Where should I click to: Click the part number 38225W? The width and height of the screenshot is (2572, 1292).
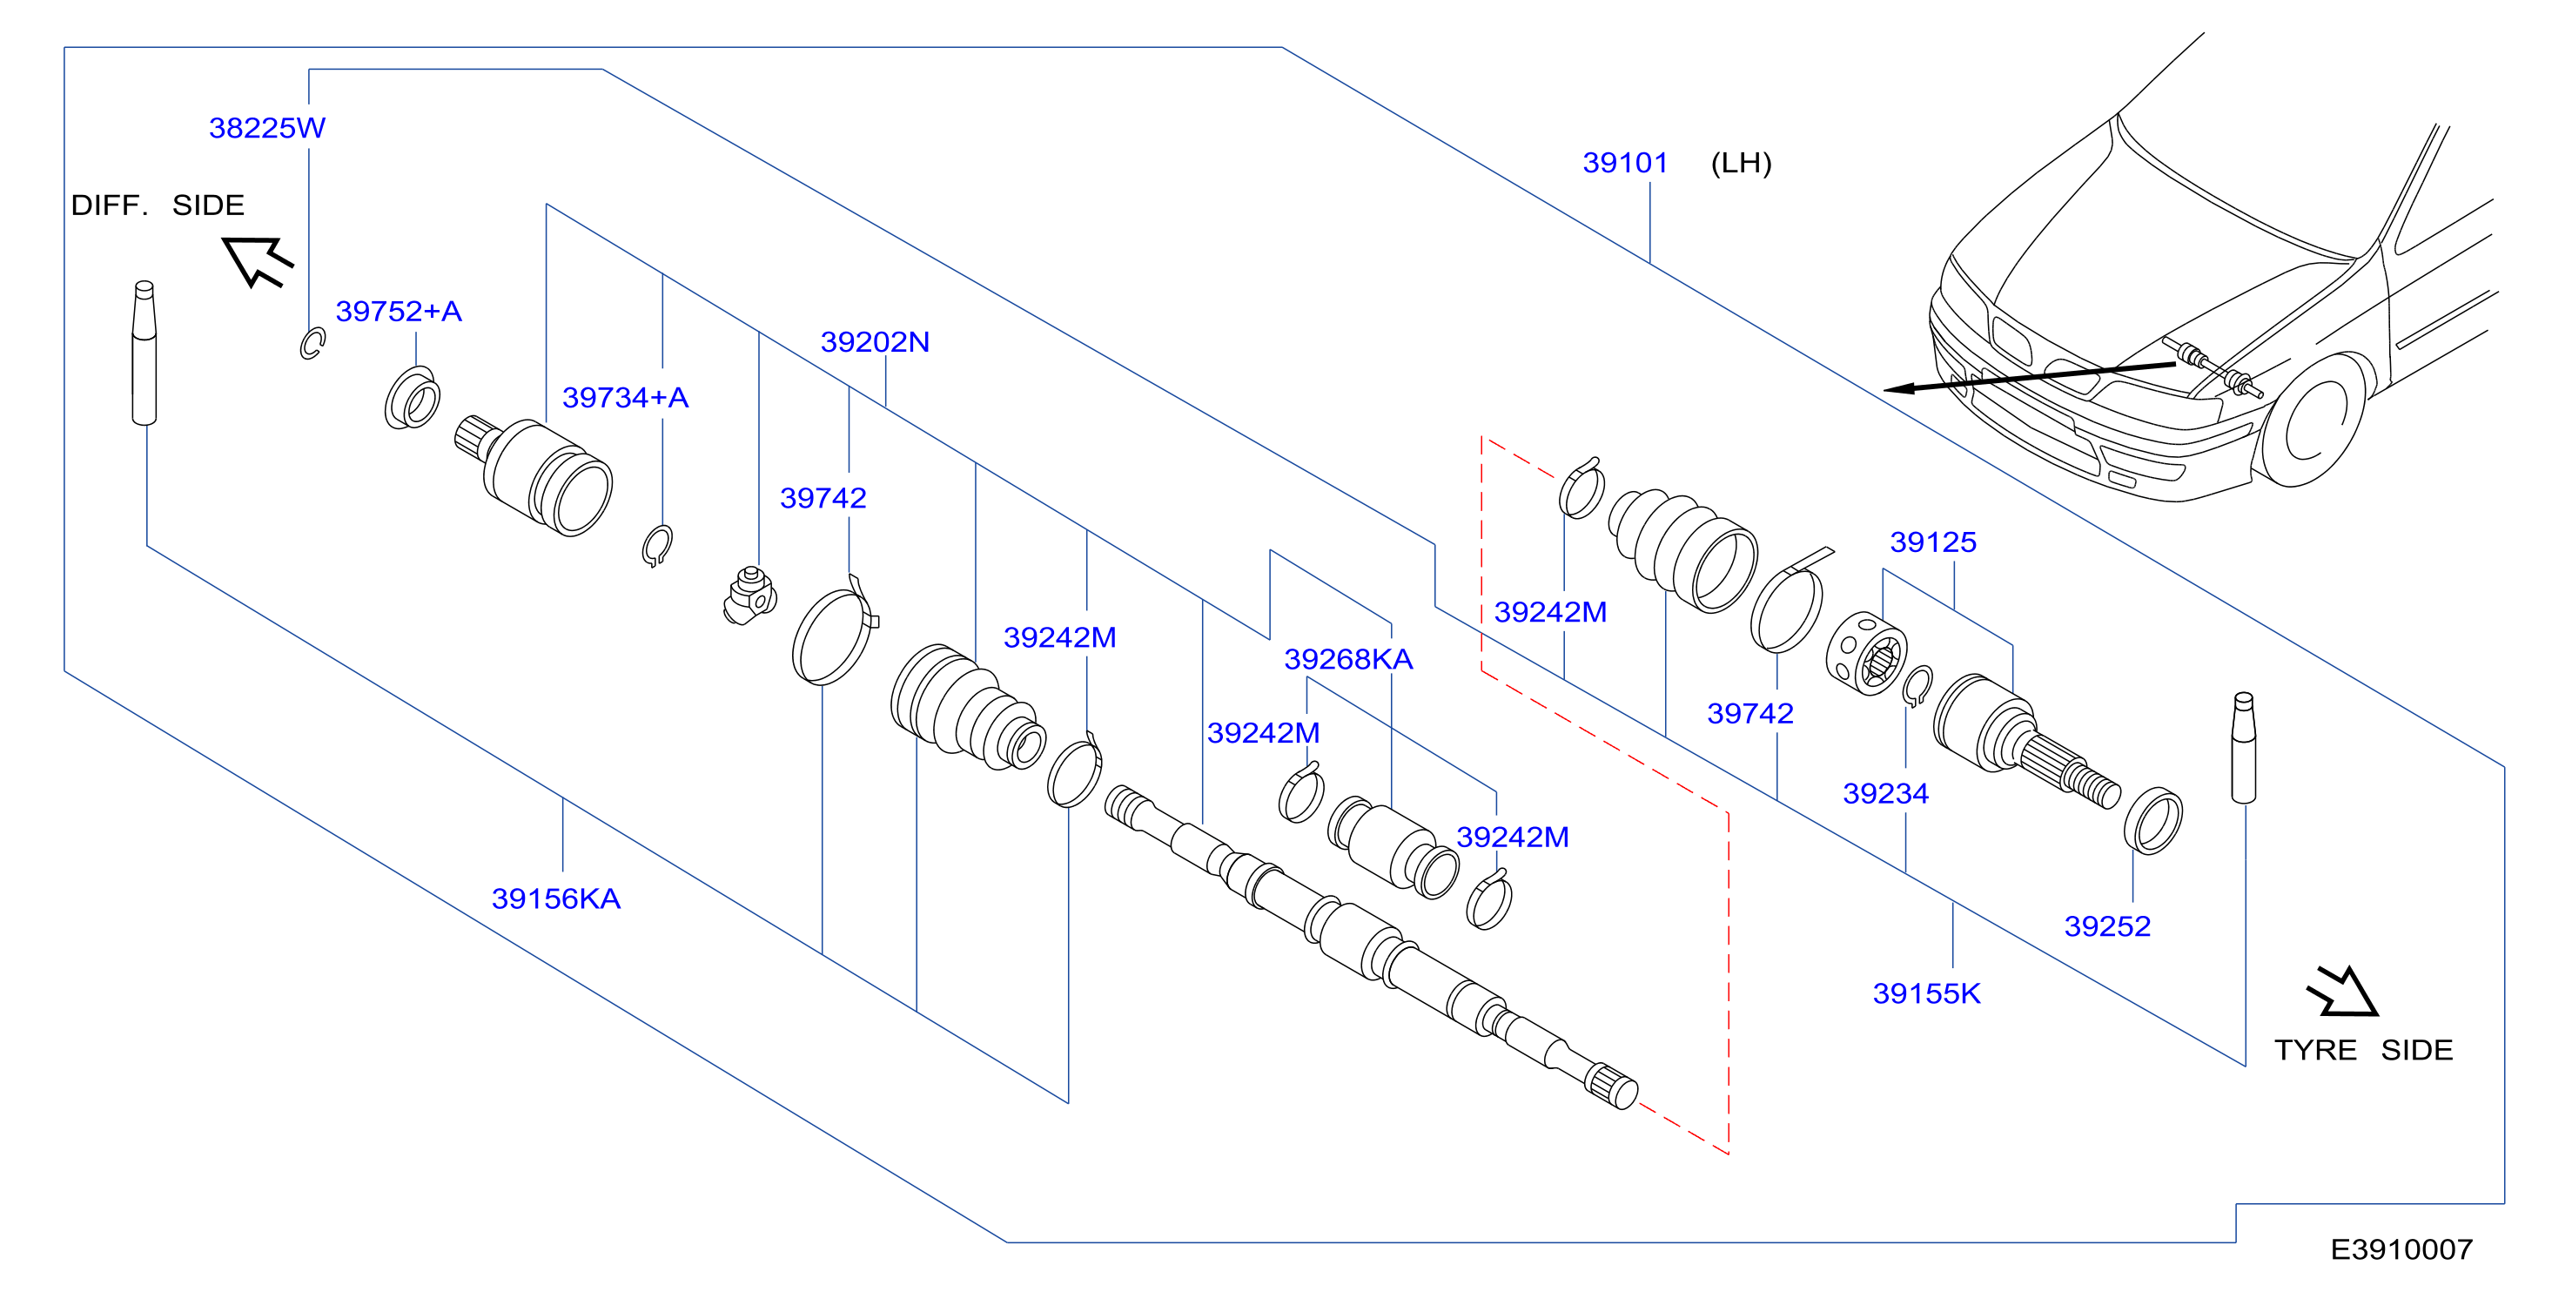tap(266, 128)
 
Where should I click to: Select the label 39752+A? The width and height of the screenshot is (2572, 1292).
tap(399, 312)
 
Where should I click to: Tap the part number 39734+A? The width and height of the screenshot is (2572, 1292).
tap(625, 397)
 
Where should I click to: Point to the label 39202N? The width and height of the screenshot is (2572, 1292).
tap(875, 341)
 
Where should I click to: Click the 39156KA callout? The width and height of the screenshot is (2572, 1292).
tap(556, 898)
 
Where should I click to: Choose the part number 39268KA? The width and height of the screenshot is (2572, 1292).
tap(1348, 659)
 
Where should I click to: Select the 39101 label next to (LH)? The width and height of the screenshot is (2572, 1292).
tap(1626, 163)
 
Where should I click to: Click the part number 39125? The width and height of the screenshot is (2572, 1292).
tap(1933, 542)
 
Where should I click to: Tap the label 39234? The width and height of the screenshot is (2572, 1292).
tap(1885, 794)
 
